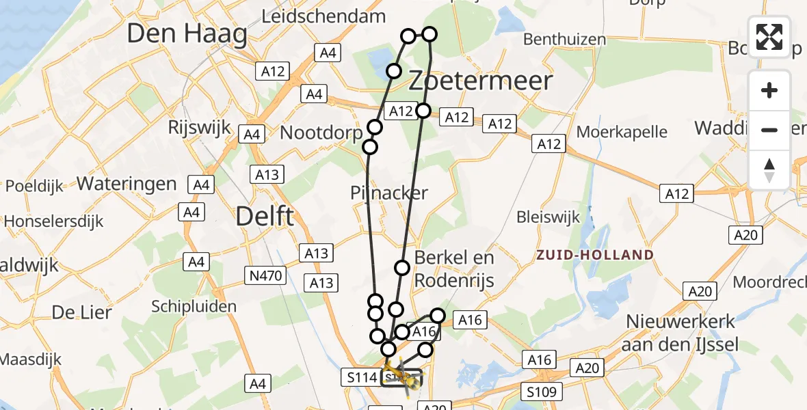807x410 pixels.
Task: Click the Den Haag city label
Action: (x=187, y=34)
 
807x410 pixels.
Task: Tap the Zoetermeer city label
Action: (x=480, y=81)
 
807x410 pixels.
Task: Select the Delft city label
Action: (x=265, y=217)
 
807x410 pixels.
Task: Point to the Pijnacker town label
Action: (x=388, y=193)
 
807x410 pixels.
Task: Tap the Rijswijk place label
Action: (x=200, y=128)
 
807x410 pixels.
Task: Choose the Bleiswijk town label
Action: (x=548, y=217)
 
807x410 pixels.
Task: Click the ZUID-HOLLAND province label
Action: (x=594, y=255)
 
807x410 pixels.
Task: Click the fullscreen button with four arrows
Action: (x=769, y=37)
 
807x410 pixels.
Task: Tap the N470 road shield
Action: (x=265, y=275)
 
